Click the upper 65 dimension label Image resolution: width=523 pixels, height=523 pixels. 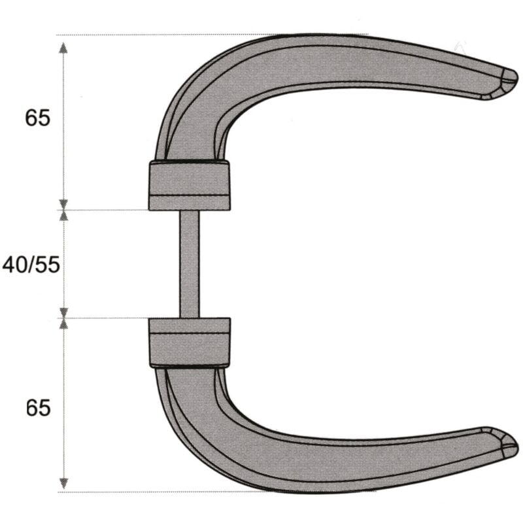pyautogui.click(x=37, y=118)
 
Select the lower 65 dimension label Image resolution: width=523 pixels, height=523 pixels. pyautogui.click(x=38, y=408)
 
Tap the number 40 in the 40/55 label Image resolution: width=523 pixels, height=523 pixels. pyautogui.click(x=15, y=265)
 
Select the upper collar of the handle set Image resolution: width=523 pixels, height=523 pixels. pyautogui.click(x=190, y=185)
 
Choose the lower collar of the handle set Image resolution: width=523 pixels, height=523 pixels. pyautogui.click(x=190, y=342)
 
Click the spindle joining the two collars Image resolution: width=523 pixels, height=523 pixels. pyautogui.click(x=190, y=264)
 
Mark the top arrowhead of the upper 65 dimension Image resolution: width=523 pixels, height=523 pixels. pyautogui.click(x=63, y=47)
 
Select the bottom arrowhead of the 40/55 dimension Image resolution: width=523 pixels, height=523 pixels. pyautogui.click(x=63, y=312)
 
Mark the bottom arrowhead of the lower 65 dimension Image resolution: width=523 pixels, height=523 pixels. pyautogui.click(x=63, y=484)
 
